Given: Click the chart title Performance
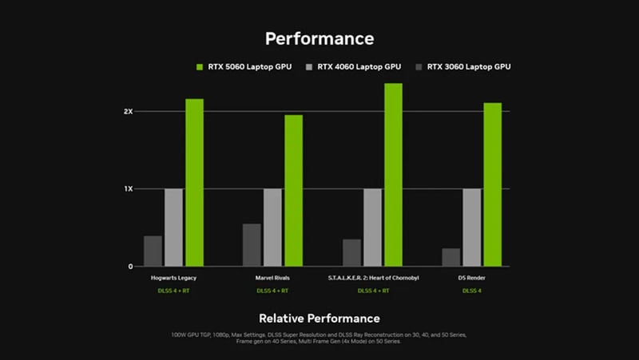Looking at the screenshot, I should [319, 38].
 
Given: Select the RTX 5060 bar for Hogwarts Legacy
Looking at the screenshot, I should [195, 182].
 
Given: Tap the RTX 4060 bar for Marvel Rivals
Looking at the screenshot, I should [273, 227].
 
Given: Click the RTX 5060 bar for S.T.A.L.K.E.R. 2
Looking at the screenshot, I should [393, 175].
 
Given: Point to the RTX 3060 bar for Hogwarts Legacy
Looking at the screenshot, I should [153, 251].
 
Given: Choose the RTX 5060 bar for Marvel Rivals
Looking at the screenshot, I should [294, 190].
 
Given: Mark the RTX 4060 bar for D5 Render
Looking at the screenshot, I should [472, 227].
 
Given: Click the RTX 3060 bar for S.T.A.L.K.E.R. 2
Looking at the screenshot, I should [351, 252].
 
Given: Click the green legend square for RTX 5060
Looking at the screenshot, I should [200, 67].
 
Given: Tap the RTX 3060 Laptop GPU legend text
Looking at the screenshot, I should [468, 67].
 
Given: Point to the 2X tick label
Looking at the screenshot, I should [128, 112].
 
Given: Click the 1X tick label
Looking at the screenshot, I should [128, 189].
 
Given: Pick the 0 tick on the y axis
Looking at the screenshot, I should [130, 267].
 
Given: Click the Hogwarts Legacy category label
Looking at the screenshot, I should [173, 278].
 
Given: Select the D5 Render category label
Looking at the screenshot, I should [472, 278].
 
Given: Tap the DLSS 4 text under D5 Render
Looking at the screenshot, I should [472, 291].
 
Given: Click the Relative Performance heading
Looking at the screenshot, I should [319, 318].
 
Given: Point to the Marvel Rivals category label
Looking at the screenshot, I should [273, 278].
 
